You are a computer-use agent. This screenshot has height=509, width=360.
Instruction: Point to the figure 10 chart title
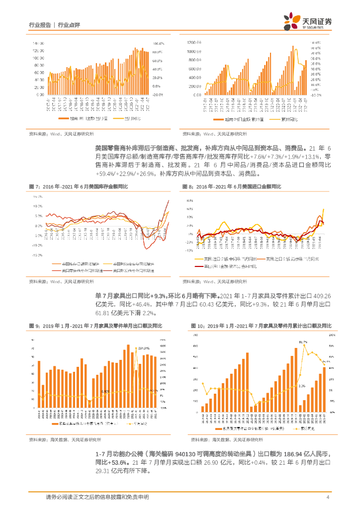tap(261, 326)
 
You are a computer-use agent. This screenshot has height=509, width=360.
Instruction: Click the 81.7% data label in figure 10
tap(303, 342)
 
